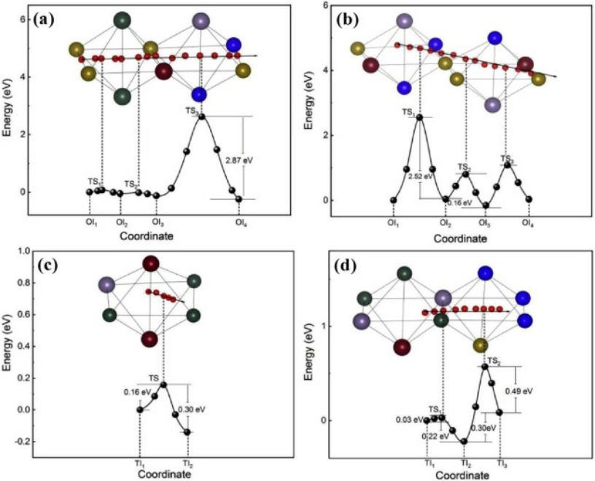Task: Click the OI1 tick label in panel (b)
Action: click(x=393, y=221)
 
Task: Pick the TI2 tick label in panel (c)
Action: click(x=188, y=464)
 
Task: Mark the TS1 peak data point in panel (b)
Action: click(x=419, y=117)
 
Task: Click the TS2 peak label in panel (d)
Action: click(x=494, y=361)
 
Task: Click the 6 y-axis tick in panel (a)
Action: click(x=24, y=19)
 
